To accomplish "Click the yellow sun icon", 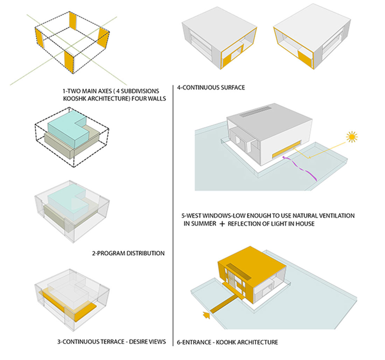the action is coord(352,137).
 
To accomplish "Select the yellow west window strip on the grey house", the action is coord(287,149).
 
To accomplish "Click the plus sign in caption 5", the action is coord(222,224).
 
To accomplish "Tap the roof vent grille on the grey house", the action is coord(255,111).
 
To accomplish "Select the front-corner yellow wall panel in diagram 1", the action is coord(69,61).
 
